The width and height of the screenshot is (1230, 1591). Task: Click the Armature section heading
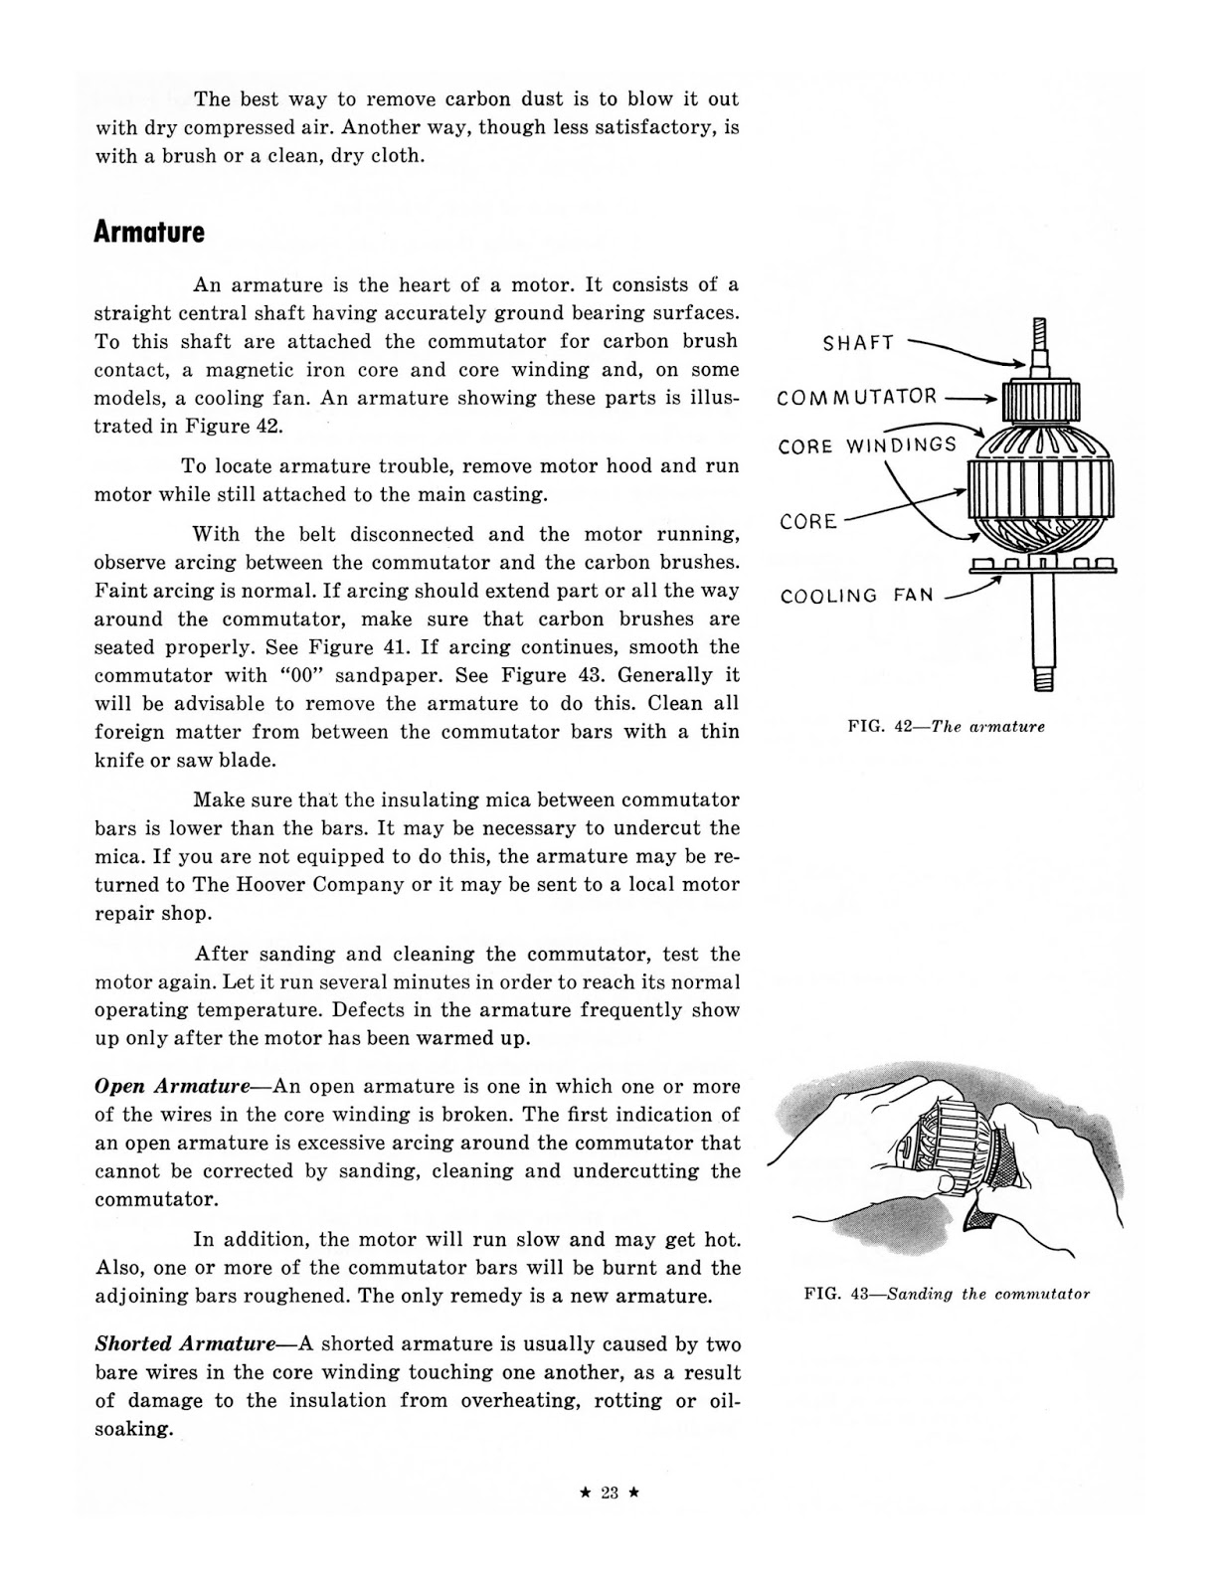point(149,233)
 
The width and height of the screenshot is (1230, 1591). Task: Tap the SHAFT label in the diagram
point(858,343)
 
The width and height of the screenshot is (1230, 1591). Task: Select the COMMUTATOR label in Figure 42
point(856,398)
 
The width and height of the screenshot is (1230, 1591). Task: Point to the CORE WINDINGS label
point(867,445)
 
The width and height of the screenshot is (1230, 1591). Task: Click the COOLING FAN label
point(856,596)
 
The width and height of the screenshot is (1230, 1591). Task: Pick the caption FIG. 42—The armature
point(946,727)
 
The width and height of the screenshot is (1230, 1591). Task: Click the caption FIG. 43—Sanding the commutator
point(947,1294)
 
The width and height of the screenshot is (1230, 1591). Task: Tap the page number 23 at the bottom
point(610,1492)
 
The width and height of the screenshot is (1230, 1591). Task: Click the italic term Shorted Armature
point(185,1344)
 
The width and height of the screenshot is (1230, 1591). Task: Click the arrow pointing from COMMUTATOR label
point(969,399)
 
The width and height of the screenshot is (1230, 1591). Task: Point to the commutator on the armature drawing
point(1040,403)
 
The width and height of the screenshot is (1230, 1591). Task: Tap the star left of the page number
point(585,1492)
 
